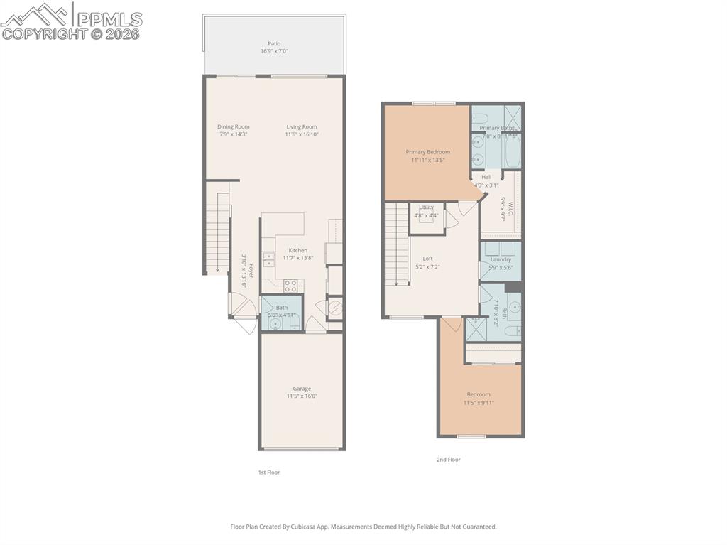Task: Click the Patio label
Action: (273, 43)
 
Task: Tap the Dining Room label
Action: (234, 127)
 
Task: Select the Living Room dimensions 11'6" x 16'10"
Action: (301, 134)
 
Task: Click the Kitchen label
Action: (298, 250)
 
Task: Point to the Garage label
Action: (302, 389)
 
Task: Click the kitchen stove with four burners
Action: (290, 286)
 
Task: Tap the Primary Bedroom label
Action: (428, 152)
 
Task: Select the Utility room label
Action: (426, 207)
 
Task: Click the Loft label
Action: (428, 259)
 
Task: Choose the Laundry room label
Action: (501, 259)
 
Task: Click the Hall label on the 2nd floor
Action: (486, 177)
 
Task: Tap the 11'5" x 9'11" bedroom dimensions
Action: (479, 403)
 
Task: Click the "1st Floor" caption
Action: (268, 472)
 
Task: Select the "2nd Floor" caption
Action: (449, 460)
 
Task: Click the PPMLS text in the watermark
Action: (109, 19)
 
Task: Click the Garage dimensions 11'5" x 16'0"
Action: (302, 396)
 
